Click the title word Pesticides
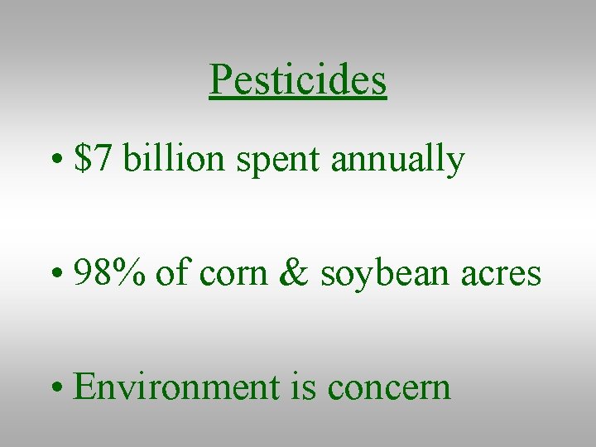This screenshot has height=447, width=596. click(298, 80)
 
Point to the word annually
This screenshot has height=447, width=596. click(397, 160)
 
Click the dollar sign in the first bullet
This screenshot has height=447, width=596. click(82, 158)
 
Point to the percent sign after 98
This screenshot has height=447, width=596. click(130, 272)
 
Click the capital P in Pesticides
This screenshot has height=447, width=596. click(219, 80)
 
